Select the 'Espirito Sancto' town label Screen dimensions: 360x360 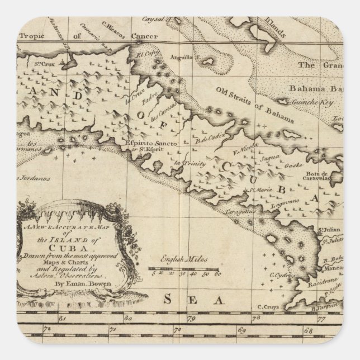pyautogui.click(x=159, y=144)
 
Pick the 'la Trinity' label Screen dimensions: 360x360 pyautogui.click(x=189, y=163)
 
